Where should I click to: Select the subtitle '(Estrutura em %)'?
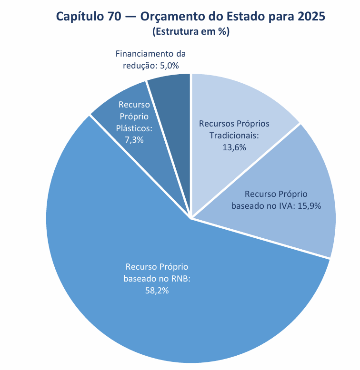(x=190, y=32)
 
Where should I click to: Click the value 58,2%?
(x=157, y=291)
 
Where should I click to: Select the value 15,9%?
(x=310, y=206)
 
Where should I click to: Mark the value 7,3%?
(x=134, y=140)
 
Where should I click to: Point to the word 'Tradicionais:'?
(x=234, y=136)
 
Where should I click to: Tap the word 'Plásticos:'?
(x=134, y=128)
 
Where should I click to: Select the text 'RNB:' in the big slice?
(x=181, y=279)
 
